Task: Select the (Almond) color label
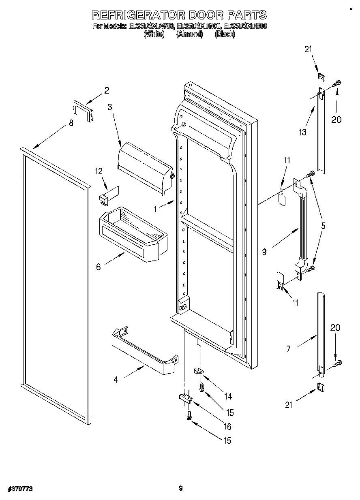coord(189,35)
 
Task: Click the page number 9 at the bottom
coord(180,489)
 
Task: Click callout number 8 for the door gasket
coord(71,123)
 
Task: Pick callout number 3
coord(109,107)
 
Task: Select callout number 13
coord(302,132)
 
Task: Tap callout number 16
coord(227,426)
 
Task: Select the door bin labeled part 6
coord(132,235)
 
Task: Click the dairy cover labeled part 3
coord(144,166)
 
